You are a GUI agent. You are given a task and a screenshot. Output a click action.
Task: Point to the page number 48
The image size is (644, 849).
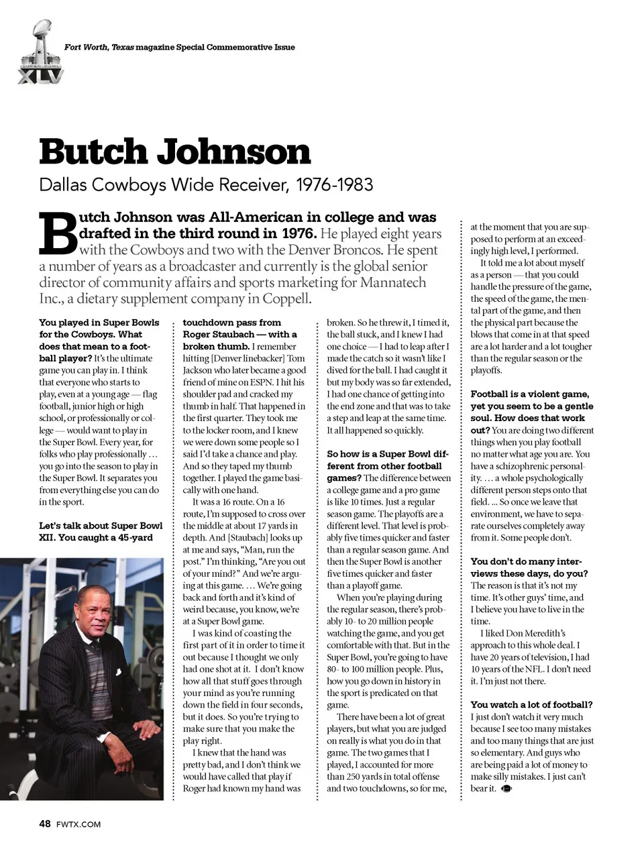(x=45, y=824)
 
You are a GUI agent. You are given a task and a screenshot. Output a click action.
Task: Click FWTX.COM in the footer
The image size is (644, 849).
(x=78, y=824)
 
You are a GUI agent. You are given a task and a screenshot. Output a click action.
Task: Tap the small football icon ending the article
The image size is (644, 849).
(x=506, y=789)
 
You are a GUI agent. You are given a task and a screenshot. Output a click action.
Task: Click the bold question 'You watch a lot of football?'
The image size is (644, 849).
(x=531, y=705)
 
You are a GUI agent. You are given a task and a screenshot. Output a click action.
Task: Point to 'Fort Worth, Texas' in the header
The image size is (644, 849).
(x=99, y=47)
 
